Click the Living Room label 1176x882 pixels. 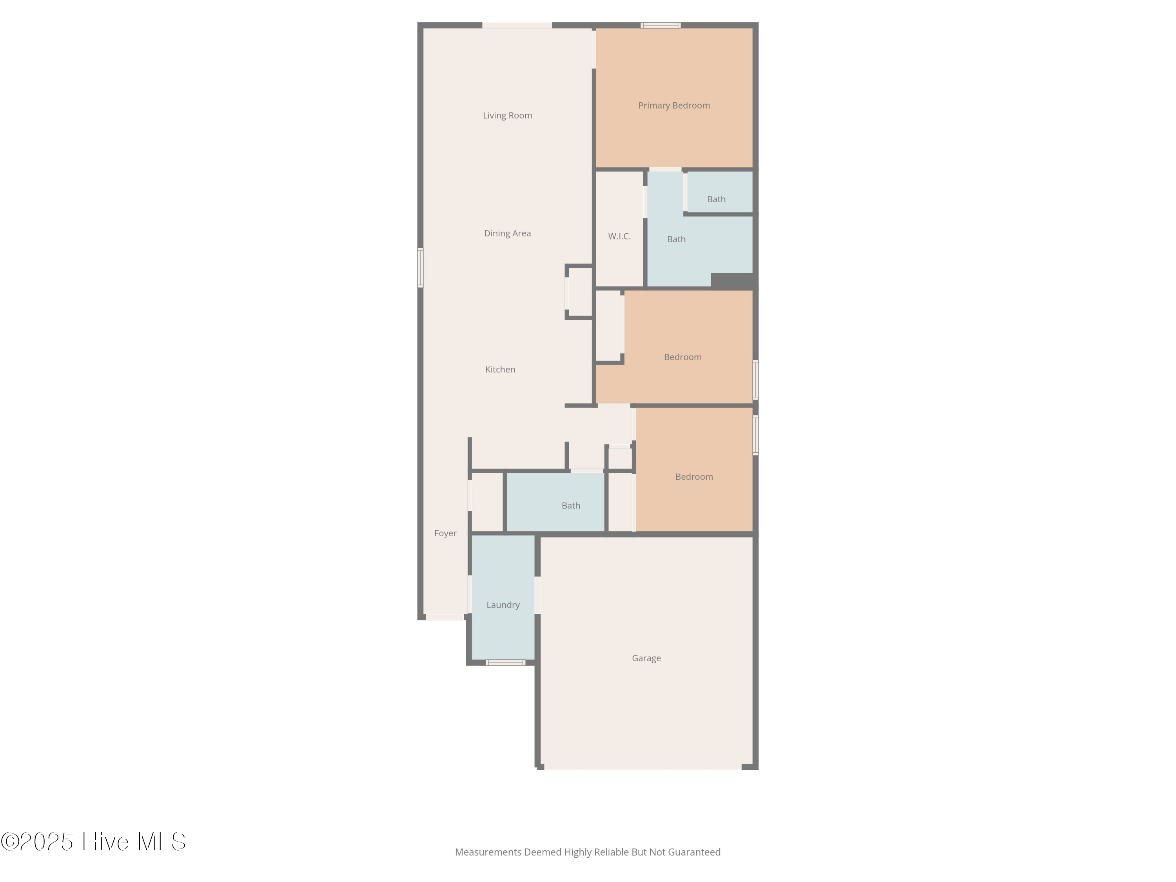point(507,115)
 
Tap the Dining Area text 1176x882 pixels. point(507,233)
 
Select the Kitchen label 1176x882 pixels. point(500,370)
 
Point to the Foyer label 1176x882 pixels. point(445,533)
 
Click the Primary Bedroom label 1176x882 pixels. point(673,105)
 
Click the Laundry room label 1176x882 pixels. point(503,605)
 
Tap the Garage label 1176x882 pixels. point(646,658)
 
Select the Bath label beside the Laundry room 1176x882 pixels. point(570,506)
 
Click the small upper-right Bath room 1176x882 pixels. point(716,200)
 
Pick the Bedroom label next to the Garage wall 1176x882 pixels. point(694,477)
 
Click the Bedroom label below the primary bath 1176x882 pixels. point(682,357)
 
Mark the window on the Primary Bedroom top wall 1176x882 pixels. point(660,25)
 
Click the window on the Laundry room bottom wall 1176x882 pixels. point(505,662)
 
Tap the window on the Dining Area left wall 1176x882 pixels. point(420,267)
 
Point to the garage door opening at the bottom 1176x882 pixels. point(642,767)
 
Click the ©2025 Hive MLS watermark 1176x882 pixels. point(93,842)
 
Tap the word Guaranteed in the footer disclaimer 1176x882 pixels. point(694,852)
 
